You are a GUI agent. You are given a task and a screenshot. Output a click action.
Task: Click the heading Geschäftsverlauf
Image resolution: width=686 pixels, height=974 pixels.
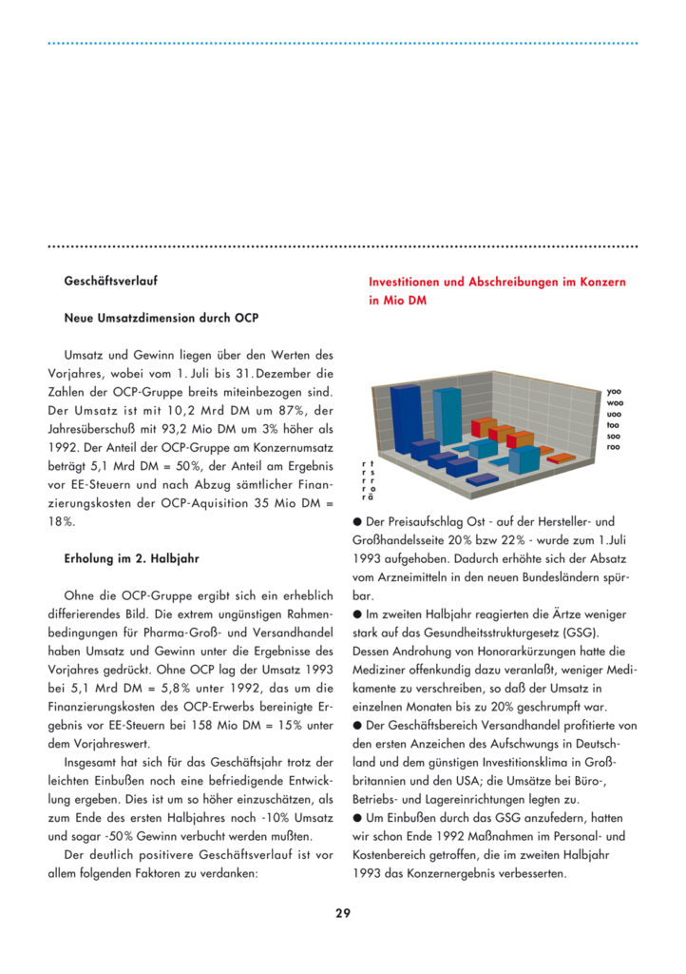coord(110,282)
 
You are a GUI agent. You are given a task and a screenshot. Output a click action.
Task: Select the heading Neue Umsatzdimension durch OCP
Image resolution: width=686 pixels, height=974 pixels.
coord(161,317)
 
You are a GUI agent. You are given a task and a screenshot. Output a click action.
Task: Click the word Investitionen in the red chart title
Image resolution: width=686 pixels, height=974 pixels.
coord(412,282)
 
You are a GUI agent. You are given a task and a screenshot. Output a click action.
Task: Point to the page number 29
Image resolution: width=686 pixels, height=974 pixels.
coord(343,913)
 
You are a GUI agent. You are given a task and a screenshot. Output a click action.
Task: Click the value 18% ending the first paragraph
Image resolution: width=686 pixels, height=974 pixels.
coord(65,522)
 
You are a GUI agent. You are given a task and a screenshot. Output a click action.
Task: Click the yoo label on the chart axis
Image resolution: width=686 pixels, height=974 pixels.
coord(615,391)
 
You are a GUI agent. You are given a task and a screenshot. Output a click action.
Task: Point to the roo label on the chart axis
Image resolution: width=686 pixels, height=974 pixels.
coord(614,446)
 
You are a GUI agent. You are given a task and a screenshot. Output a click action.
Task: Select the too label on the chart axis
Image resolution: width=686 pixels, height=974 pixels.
coord(614,424)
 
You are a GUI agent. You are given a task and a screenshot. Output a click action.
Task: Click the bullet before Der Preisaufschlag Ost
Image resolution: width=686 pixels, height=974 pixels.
coord(356,522)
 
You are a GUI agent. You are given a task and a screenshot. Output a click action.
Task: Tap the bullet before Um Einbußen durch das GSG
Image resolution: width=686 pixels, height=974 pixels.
coord(356,818)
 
